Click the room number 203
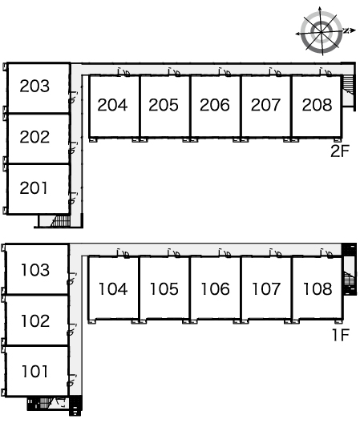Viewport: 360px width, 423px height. click(34, 86)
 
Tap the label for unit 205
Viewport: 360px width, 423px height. click(164, 105)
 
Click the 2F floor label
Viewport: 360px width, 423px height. click(340, 151)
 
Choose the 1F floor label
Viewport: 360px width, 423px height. click(341, 335)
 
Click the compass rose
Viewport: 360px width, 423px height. click(322, 31)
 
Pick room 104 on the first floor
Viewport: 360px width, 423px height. click(113, 289)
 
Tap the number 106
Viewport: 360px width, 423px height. click(215, 289)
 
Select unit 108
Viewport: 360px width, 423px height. click(318, 289)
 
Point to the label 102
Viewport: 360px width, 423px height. click(35, 320)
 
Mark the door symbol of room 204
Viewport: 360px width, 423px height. click(123, 72)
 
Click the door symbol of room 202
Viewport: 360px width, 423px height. click(73, 148)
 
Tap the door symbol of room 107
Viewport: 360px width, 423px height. click(276, 253)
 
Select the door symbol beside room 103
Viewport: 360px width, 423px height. click(72, 279)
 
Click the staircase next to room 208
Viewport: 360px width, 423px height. click(348, 85)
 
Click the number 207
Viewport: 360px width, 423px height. click(265, 105)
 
